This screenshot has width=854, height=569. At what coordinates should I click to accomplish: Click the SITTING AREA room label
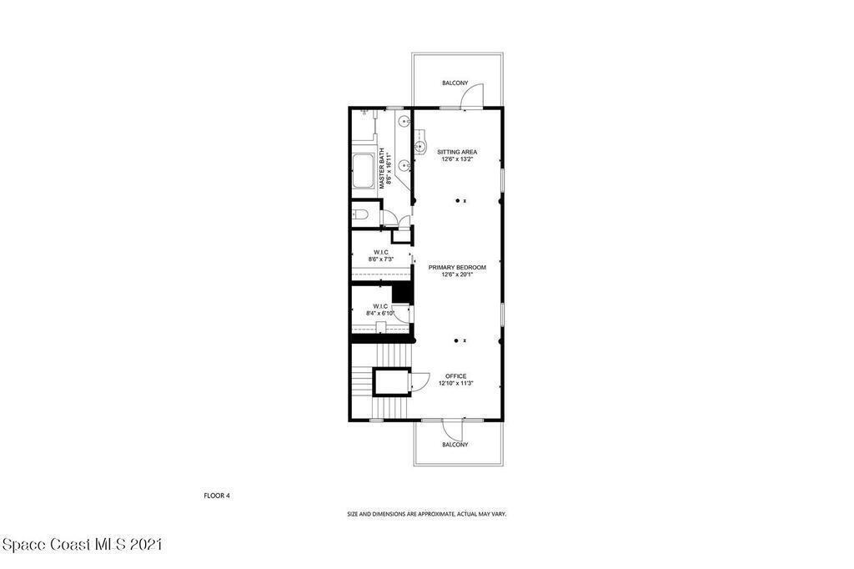457,152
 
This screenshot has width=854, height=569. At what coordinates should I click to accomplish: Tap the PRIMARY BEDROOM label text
457,268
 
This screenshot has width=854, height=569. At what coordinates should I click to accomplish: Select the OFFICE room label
456,376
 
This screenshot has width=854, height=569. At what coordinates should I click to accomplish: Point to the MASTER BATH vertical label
382,169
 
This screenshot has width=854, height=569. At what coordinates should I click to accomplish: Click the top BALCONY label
455,83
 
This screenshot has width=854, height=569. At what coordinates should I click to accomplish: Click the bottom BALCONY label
455,445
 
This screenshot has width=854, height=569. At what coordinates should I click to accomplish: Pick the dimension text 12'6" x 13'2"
457,159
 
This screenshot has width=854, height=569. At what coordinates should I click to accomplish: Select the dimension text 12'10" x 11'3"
456,383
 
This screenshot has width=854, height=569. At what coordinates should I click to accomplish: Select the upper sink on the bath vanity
403,121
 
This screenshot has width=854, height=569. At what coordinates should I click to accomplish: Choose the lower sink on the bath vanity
403,164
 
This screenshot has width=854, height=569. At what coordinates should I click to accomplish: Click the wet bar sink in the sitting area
419,146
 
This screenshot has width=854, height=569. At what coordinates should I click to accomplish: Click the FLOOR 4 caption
217,496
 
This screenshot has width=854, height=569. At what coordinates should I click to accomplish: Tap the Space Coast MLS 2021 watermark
82,544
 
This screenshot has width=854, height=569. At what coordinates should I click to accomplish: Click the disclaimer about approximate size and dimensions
427,514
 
